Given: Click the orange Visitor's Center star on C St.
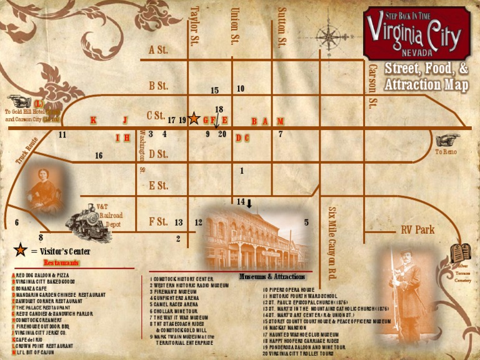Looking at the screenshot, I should coord(194,118).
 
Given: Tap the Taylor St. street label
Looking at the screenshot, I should coord(194,26).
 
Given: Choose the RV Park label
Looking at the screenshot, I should coord(417,230).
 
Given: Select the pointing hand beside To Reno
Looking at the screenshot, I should coord(447,141).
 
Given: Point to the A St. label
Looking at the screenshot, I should coord(158,50).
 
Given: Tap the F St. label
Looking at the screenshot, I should coord(158,221).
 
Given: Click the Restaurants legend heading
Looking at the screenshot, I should coord(61,263).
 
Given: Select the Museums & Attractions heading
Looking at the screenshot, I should coord(272,277).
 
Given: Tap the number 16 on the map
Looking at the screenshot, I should coord(99,156).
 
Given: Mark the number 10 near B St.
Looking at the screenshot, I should coord(241,89).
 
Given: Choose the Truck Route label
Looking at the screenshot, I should coord(27,152).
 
